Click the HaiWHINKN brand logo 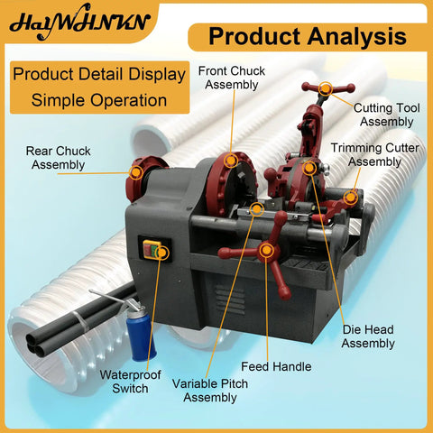point(79,23)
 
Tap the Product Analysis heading point(308,36)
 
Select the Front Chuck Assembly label point(232,78)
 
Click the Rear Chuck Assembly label point(58,158)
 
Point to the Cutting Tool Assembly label point(387,115)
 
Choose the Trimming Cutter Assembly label point(374,154)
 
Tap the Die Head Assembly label point(368,336)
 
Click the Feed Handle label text point(276,366)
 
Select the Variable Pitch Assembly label point(210,391)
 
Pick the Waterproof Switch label point(130,382)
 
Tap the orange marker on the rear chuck point(136,172)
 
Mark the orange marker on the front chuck point(231,161)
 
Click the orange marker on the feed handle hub point(266,251)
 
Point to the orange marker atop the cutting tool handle point(326,88)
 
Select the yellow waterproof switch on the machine point(152,249)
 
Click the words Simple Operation point(99,100)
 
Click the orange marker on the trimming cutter point(351,198)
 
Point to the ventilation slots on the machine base point(230,300)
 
